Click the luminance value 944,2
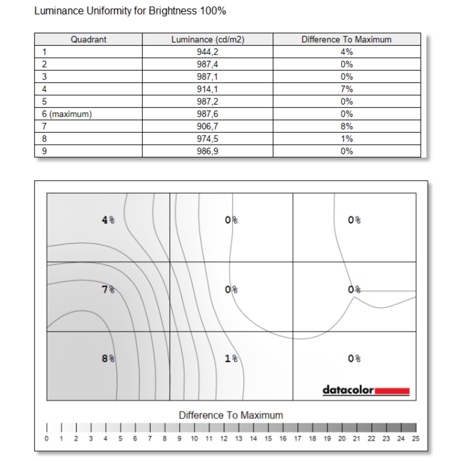pyautogui.click(x=207, y=52)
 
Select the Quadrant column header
pyautogui.click(x=88, y=40)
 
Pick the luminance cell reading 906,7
pyautogui.click(x=207, y=127)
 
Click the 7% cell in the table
pyautogui.click(x=347, y=89)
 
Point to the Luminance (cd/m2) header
pyautogui.click(x=207, y=40)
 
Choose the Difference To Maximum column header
pyautogui.click(x=347, y=40)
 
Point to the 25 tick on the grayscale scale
pyautogui.click(x=416, y=438)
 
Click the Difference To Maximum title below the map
pyautogui.click(x=231, y=415)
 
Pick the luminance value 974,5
pyautogui.click(x=207, y=139)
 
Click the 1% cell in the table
pyautogui.click(x=347, y=139)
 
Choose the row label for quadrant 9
pyautogui.click(x=44, y=152)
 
